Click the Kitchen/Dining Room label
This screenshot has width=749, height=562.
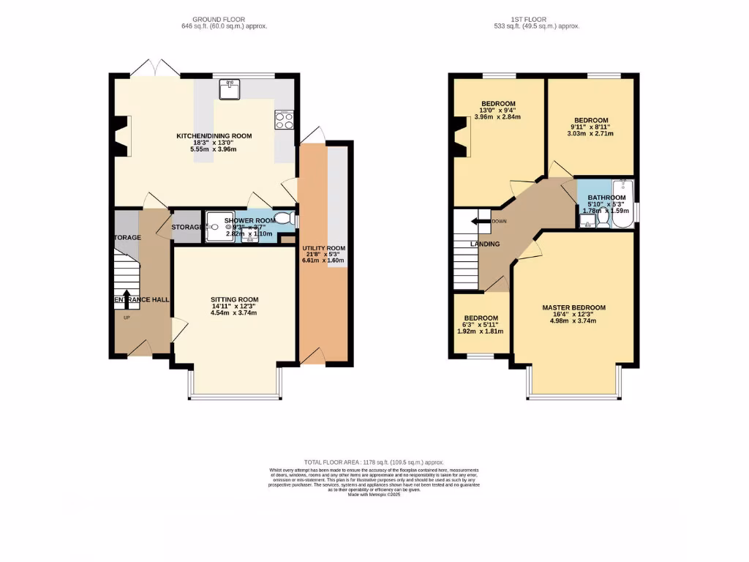pyautogui.click(x=214, y=135)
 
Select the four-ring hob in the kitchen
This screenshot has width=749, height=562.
pyautogui.click(x=283, y=119)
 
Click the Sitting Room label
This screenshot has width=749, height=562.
pyautogui.click(x=234, y=299)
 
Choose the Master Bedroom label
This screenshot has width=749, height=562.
pyautogui.click(x=573, y=307)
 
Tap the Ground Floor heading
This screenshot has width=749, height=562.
pyautogui.click(x=219, y=19)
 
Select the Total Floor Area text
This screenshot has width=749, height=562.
pyautogui.click(x=374, y=462)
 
